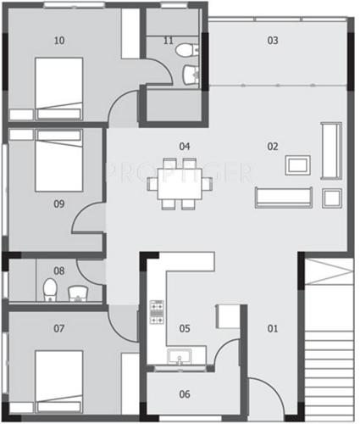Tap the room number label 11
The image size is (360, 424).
(168, 40)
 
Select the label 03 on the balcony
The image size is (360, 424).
(273, 40)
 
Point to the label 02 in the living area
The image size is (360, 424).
(273, 146)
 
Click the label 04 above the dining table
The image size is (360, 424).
(184, 146)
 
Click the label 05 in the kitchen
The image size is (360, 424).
(185, 327)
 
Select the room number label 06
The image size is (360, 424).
(185, 393)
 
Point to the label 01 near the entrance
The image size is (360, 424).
(273, 327)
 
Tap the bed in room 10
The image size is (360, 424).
(58, 87)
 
